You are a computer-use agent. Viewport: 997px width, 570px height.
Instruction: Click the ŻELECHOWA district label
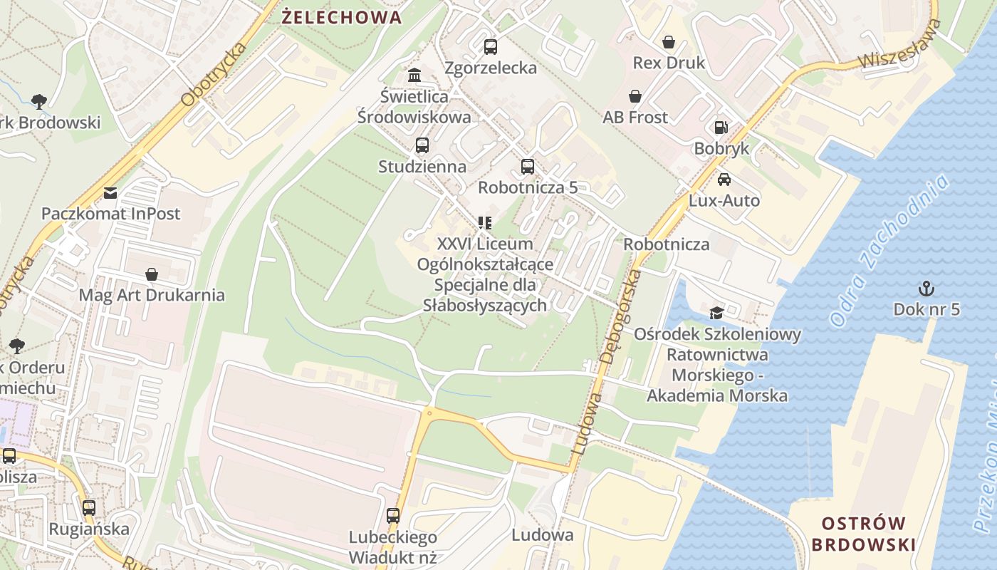coord(342,18)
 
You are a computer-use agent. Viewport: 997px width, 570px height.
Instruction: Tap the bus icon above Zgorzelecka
coord(491,47)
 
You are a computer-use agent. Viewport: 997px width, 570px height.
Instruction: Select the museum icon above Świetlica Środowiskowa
coord(414,75)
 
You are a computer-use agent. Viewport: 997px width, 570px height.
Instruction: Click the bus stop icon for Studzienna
coord(422,145)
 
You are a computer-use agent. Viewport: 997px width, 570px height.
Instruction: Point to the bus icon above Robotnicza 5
coord(528,167)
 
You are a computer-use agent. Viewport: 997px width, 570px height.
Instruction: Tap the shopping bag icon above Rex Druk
coord(668,42)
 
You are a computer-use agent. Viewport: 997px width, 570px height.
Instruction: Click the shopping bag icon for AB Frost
coord(635,96)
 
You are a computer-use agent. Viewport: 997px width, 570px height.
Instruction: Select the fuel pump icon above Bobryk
coord(721,128)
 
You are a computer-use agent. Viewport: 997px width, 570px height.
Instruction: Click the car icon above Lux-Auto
coord(724,180)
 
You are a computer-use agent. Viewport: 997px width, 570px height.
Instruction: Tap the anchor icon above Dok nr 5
coord(926,289)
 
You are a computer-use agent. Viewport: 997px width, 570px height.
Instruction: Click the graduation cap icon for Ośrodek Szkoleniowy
coord(716,313)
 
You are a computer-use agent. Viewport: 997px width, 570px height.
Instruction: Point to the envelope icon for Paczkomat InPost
coord(110,192)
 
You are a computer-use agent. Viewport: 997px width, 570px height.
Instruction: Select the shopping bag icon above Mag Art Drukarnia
coord(152,274)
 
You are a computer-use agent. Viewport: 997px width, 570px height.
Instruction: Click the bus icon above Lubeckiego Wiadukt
coord(393,516)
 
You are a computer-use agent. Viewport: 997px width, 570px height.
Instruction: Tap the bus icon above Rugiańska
coord(89,508)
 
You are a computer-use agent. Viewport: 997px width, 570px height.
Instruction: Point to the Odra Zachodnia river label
coord(890,251)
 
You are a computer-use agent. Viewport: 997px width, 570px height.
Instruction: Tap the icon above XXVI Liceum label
coord(485,223)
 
